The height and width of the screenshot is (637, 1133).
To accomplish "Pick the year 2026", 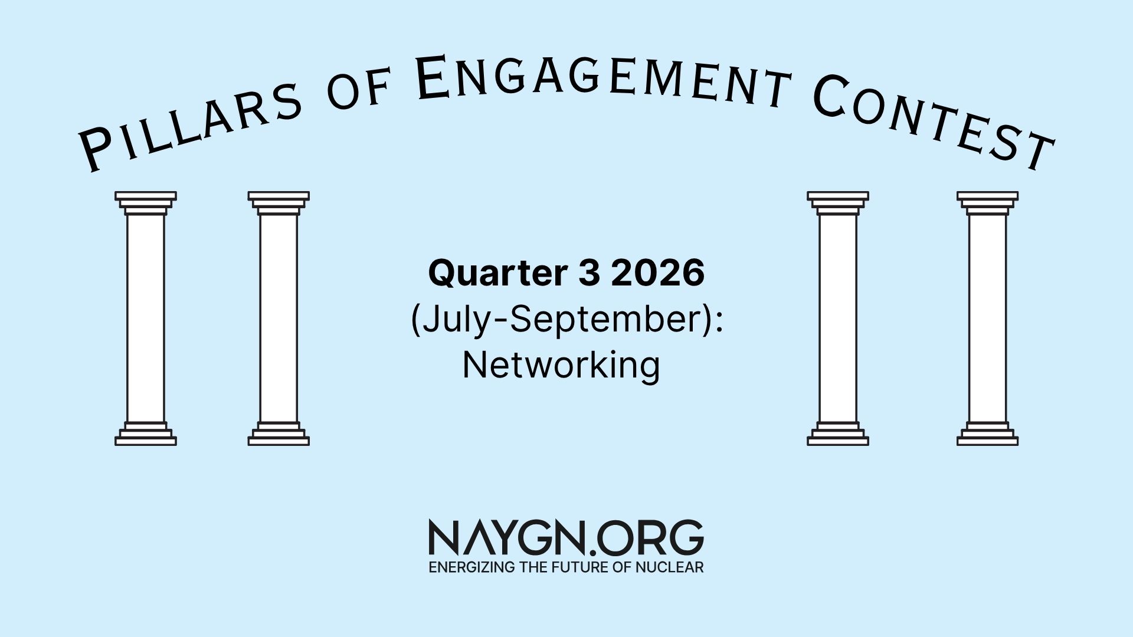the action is (x=658, y=272).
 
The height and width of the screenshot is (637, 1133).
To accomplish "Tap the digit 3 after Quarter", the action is (x=589, y=272).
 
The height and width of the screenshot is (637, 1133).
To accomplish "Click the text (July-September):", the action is (x=566, y=320).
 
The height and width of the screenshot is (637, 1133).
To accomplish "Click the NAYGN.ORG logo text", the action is (x=566, y=537).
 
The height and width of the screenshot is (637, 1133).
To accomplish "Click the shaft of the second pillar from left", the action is (x=279, y=318).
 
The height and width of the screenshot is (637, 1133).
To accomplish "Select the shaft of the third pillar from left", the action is (x=838, y=318).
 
